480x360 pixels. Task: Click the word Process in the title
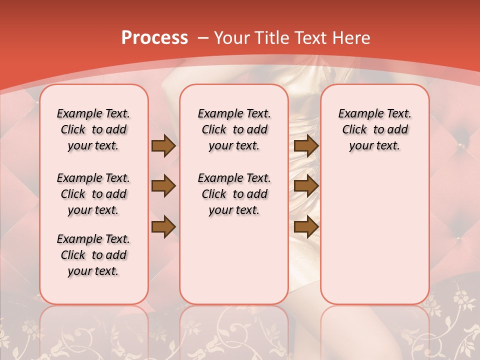click(x=154, y=38)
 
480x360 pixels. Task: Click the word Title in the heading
click(x=266, y=38)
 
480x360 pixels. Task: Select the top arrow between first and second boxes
click(x=163, y=145)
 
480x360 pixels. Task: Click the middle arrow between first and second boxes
click(x=163, y=186)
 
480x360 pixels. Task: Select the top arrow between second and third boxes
click(x=306, y=145)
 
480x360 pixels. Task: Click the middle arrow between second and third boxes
click(x=306, y=186)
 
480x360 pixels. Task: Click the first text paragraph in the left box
click(x=93, y=129)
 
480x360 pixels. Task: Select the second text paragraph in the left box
click(x=93, y=194)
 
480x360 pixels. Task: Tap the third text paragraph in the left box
click(x=93, y=255)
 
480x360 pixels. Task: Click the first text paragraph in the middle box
click(x=234, y=129)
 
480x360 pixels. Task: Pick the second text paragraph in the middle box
click(x=234, y=194)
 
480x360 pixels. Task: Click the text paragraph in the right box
click(x=375, y=129)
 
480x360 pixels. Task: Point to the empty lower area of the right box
click(x=375, y=235)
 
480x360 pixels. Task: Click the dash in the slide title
click(x=203, y=38)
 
